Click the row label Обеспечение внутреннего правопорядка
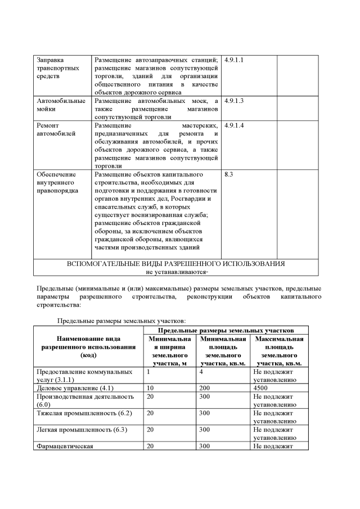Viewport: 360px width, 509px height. (x=57, y=183)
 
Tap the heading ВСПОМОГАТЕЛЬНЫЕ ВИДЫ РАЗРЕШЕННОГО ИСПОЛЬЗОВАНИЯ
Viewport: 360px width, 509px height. (x=175, y=263)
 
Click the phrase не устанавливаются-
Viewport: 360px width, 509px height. (x=177, y=272)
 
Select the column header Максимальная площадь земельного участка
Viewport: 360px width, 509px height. (x=279, y=352)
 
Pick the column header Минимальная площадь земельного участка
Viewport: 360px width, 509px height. (x=223, y=352)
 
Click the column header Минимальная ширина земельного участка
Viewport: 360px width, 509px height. (x=170, y=352)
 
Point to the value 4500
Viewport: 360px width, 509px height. (x=262, y=388)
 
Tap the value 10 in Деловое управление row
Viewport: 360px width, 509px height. (x=150, y=388)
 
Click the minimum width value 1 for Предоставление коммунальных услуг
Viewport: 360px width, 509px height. (x=148, y=372)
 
